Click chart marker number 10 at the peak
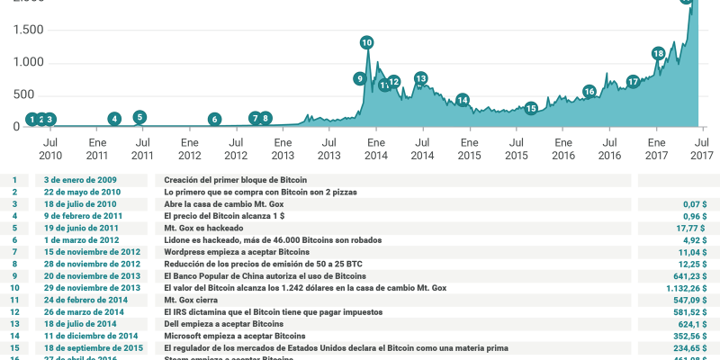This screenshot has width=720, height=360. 366,42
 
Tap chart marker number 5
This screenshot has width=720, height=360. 139,117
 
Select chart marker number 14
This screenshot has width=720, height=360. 463,100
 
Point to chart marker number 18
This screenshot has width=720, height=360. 659,54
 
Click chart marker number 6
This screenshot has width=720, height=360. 214,119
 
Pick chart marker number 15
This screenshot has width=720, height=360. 531,108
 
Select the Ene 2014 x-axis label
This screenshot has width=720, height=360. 375,148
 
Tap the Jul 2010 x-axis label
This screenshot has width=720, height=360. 50,148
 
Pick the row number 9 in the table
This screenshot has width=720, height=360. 14,276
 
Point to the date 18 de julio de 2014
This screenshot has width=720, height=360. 80,324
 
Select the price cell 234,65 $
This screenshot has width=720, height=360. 689,348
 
